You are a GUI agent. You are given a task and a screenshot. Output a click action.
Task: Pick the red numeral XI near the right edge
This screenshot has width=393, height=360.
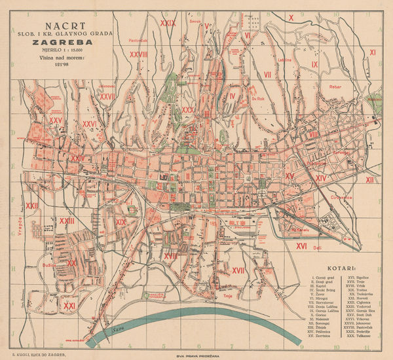click(372, 51)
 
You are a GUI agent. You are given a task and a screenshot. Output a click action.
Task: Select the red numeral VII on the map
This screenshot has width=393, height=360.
click(267, 75)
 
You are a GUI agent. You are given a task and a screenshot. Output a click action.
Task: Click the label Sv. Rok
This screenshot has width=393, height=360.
click(257, 100)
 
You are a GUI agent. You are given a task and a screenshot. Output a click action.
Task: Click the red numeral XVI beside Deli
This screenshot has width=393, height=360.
click(302, 246)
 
